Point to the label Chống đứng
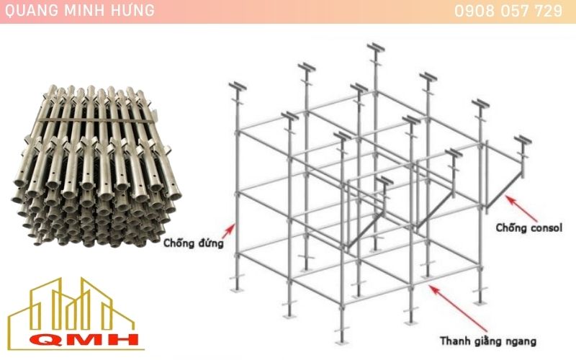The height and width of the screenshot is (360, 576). [193, 243]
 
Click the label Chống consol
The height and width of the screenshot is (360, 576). [528, 228]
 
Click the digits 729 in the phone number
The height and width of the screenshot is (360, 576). [549, 12]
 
